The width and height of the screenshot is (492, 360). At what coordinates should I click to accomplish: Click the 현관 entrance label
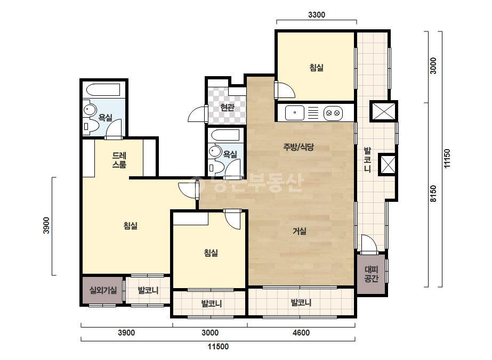pos(227,108)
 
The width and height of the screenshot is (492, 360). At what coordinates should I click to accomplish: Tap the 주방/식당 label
pos(299,147)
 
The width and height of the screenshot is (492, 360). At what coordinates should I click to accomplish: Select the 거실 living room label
pos(300,232)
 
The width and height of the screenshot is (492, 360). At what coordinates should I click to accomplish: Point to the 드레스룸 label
pos(119,160)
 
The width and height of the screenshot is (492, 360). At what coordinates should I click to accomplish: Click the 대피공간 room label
pos(372,274)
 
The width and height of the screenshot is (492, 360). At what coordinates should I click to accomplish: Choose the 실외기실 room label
pos(103,290)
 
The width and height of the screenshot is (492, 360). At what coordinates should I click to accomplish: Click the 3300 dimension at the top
pos(317,15)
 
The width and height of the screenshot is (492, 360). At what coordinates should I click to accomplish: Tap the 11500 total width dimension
pos(218,347)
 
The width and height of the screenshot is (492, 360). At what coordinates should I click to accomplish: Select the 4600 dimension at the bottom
pos(301,333)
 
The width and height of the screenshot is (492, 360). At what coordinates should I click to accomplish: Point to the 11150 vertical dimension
pos(447,158)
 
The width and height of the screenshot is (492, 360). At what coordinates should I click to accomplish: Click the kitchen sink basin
pos(295,112)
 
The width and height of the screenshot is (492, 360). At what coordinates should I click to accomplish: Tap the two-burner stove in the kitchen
pos(333,113)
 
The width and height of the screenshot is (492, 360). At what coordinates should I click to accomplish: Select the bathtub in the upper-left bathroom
pos(103,90)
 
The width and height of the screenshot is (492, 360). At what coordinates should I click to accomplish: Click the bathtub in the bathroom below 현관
pos(225,135)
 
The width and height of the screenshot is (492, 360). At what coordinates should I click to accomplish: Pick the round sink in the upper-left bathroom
pos(90,110)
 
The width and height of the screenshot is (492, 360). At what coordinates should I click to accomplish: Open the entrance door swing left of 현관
pos(198,114)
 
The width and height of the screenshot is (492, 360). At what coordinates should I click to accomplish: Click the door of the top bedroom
pos(284,91)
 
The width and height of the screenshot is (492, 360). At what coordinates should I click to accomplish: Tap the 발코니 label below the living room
pos(301,303)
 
